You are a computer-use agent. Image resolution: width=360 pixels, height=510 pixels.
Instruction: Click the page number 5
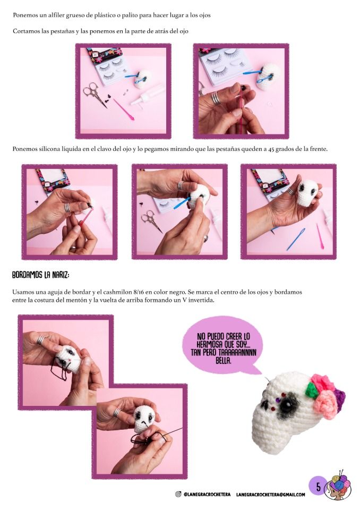[319, 487]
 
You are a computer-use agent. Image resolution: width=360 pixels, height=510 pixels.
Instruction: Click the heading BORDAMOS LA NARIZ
[41, 275]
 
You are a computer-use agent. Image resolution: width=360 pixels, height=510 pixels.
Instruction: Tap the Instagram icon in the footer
[178, 495]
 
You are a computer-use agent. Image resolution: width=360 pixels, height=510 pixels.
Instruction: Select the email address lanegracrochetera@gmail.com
[271, 495]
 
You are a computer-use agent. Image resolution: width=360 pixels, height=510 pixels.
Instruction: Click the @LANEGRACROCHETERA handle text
[207, 495]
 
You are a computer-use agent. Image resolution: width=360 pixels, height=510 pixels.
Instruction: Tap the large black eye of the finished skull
[287, 405]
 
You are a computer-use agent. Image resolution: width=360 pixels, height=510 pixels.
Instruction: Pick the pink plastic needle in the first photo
[123, 108]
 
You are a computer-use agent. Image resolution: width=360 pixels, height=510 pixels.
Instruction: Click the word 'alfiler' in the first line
[50, 15]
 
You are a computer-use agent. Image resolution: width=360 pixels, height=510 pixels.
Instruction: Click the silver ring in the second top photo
[216, 98]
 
